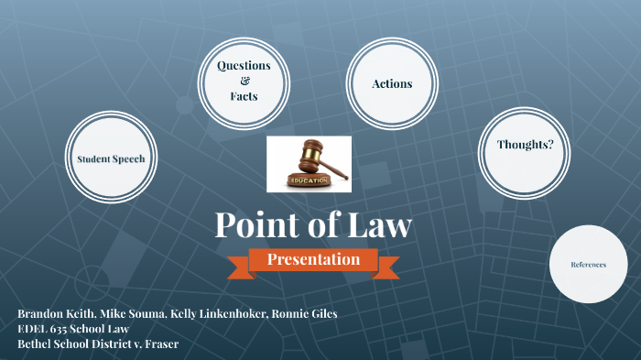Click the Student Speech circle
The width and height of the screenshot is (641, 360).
point(111,158)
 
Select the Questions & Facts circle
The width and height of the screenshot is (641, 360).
point(243,82)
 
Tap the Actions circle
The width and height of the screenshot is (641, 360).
point(392,83)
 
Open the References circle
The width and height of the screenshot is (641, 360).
point(589,264)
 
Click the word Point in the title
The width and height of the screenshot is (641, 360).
point(258,225)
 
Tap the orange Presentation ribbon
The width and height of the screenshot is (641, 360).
point(314,260)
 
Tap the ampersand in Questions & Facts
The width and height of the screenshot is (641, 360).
point(244,81)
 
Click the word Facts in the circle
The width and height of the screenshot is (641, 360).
point(244,95)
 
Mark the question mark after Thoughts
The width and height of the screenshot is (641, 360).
point(550,145)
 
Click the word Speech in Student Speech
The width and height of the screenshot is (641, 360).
point(129,158)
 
